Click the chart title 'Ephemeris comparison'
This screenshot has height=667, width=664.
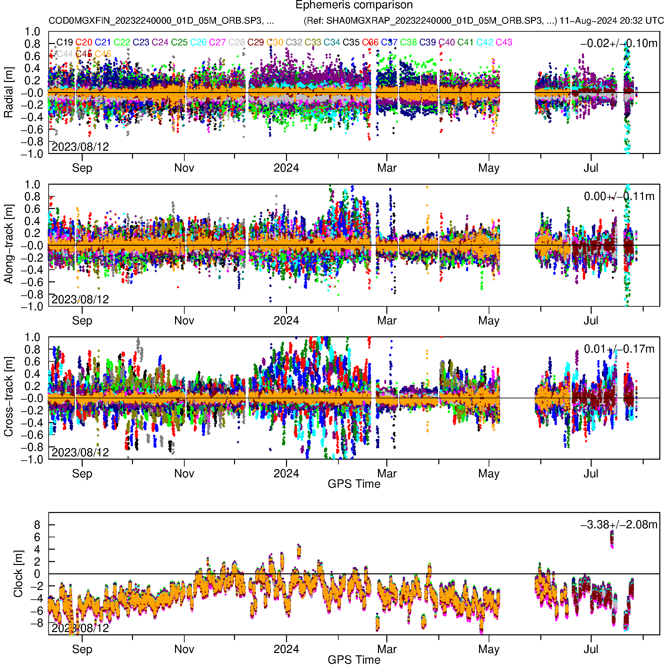(354, 5)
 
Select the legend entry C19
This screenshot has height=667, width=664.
(65, 42)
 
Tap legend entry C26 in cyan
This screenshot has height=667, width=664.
(199, 42)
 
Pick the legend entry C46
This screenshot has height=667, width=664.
(103, 54)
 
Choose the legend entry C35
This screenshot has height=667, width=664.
(351, 42)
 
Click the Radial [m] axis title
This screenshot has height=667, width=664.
(9, 93)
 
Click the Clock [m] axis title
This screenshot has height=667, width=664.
(18, 574)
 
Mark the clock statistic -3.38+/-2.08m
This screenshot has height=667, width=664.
(619, 525)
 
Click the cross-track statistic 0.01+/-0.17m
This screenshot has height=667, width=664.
(619, 349)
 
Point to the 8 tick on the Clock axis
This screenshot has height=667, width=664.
(37, 525)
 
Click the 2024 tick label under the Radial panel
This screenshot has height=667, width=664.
(286, 168)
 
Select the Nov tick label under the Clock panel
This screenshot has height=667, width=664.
(184, 649)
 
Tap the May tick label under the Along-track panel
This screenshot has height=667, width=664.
(489, 321)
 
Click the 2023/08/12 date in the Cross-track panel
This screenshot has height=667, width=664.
(80, 452)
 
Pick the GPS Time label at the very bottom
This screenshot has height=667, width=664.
(354, 660)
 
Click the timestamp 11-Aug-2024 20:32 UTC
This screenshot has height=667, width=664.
(611, 21)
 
